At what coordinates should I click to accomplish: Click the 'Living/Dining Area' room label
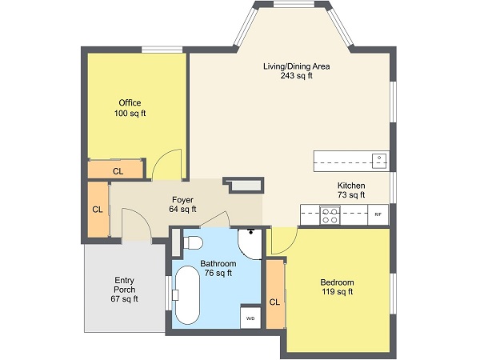click(x=296, y=66)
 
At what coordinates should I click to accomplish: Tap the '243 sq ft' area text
click(x=296, y=77)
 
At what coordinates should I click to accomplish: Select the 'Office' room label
click(x=130, y=103)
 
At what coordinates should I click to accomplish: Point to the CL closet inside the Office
click(x=118, y=171)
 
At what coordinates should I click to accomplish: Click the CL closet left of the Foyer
click(x=97, y=210)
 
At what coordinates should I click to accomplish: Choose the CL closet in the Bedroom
click(x=274, y=302)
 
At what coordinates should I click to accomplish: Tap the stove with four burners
click(x=330, y=214)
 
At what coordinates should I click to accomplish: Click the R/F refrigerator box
click(x=378, y=214)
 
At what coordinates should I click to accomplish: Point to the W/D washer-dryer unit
click(x=250, y=318)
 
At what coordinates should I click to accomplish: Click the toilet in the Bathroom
click(x=194, y=242)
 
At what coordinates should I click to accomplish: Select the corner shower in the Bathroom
click(x=249, y=242)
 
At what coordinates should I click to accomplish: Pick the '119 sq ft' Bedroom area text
click(x=337, y=292)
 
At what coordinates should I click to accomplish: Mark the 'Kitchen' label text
click(x=350, y=185)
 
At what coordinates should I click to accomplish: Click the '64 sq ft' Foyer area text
click(x=182, y=210)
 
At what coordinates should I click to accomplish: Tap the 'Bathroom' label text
click(x=218, y=263)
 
